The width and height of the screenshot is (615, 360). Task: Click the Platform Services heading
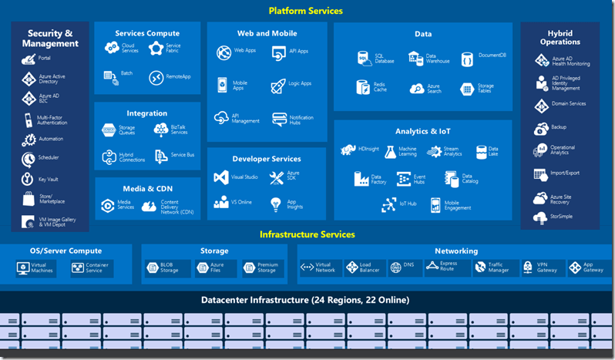pyautogui.click(x=306, y=11)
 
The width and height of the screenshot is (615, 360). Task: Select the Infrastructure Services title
pyautogui.click(x=307, y=234)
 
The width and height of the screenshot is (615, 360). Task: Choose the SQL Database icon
pyautogui.click(x=363, y=59)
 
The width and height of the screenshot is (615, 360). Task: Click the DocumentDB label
pyautogui.click(x=492, y=56)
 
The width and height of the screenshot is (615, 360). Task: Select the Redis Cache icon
pyautogui.click(x=362, y=86)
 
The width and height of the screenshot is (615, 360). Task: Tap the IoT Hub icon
pyautogui.click(x=387, y=204)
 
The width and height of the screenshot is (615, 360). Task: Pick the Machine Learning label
pyautogui.click(x=408, y=151)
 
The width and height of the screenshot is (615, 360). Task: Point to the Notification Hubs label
pyautogui.click(x=301, y=120)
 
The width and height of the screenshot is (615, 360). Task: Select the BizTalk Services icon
pyautogui.click(x=160, y=130)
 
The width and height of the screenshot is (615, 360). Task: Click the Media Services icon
pyautogui.click(x=108, y=205)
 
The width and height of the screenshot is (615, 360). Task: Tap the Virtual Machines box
pyautogui.click(x=34, y=267)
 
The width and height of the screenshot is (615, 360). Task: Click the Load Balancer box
pyautogui.click(x=363, y=267)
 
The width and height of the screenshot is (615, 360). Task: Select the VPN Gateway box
pyautogui.click(x=539, y=267)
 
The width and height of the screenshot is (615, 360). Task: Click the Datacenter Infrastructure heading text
pyautogui.click(x=305, y=300)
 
